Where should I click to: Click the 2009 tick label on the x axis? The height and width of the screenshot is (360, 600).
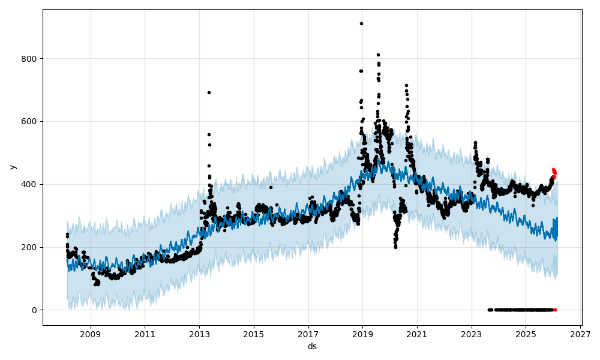coord(91,334)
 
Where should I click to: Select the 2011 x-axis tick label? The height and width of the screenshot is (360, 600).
coord(145,334)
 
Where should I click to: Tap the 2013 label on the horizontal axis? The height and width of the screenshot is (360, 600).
coord(199,334)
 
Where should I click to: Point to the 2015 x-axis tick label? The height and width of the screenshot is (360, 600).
coord(254,334)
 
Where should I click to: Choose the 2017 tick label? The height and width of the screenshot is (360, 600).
coord(308,334)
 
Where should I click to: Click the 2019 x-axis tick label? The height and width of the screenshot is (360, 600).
coord(362,334)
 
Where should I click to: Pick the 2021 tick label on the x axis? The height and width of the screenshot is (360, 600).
coord(417,334)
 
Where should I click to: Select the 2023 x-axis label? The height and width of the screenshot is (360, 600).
coord(472,334)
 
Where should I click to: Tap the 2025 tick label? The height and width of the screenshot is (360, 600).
coord(526,334)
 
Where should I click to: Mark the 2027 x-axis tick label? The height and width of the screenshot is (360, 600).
coord(580,334)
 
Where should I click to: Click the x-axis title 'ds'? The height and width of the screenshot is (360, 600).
coord(312,346)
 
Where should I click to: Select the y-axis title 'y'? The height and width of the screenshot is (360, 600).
coord(12,167)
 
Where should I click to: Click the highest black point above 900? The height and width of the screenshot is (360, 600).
coord(361,23)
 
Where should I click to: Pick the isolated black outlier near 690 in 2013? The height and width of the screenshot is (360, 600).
coord(209,92)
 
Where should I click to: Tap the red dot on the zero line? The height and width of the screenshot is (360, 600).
coord(555,310)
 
